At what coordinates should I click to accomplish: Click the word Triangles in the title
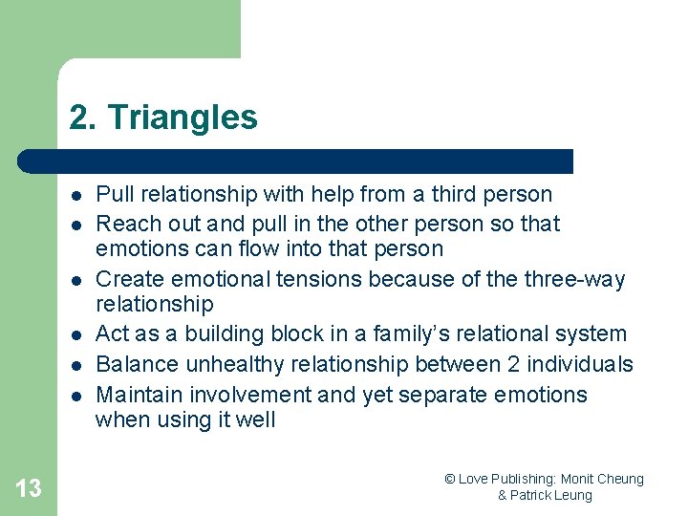tap(183, 118)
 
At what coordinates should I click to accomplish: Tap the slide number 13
tap(29, 488)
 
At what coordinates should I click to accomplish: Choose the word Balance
tap(135, 365)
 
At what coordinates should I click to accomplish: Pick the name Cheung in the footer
tap(620, 479)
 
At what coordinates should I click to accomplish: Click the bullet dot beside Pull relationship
tap(74, 195)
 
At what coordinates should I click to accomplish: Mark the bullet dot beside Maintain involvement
tap(74, 396)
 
